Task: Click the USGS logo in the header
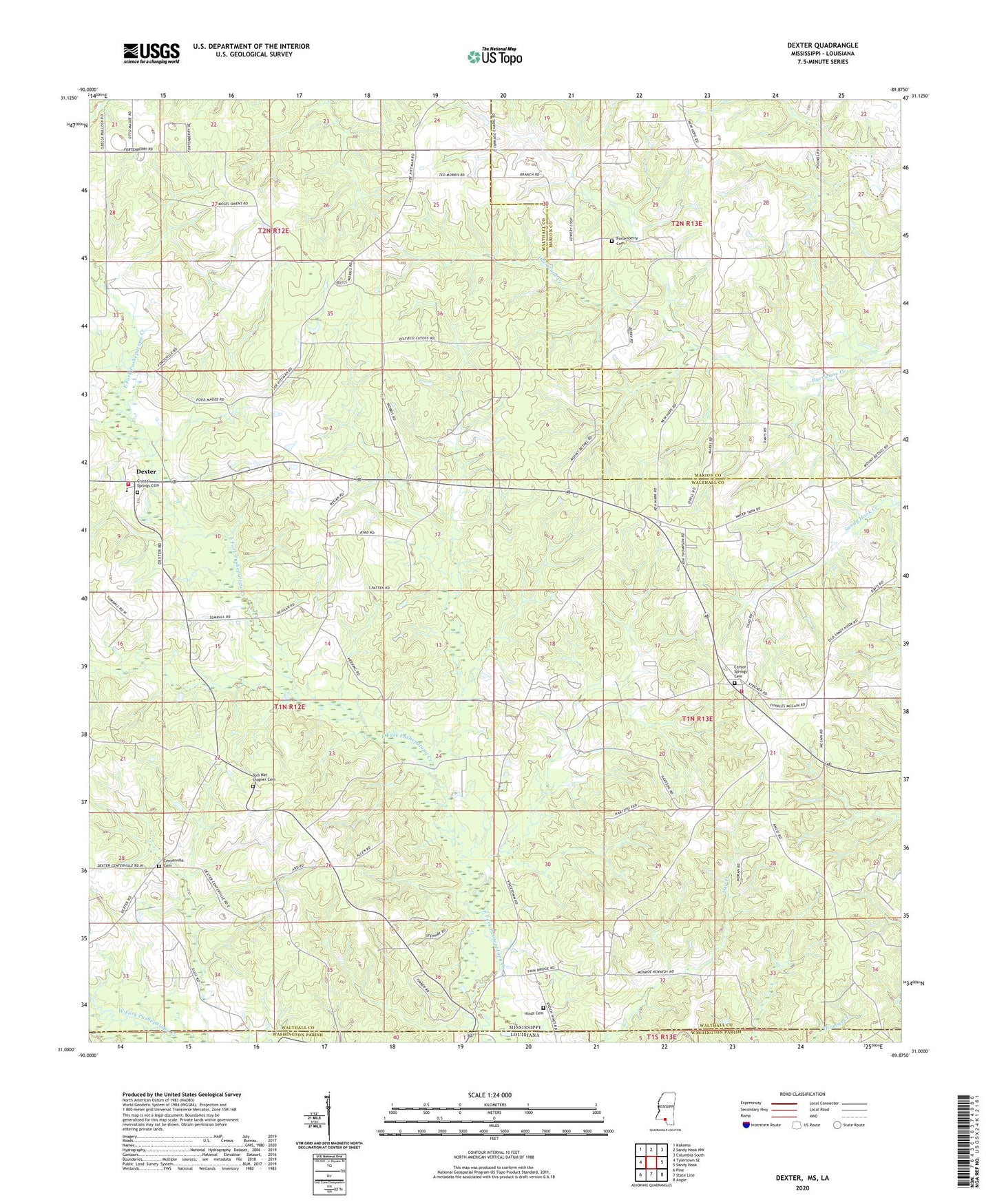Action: pos(151,53)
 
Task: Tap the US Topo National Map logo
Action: pos(493,56)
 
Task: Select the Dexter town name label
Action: pos(145,472)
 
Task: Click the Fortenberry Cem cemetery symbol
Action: pos(611,242)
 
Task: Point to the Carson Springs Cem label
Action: pos(740,671)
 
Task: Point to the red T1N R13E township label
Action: pos(697,719)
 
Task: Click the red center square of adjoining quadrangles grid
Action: pos(651,1162)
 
